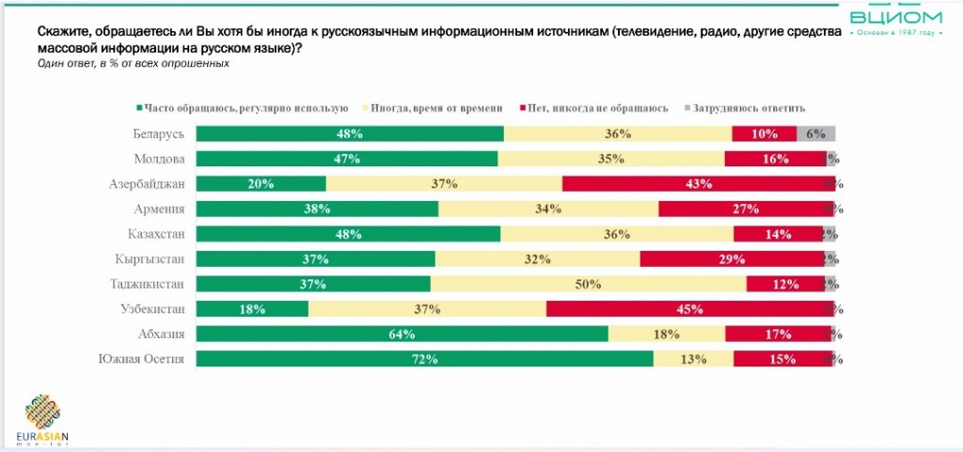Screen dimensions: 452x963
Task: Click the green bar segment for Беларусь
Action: (350, 133)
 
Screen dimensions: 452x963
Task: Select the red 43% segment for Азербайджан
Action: (697, 183)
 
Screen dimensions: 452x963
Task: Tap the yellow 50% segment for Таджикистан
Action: (589, 283)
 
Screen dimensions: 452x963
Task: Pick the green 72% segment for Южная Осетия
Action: (425, 358)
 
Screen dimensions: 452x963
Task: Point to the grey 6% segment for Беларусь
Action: (815, 133)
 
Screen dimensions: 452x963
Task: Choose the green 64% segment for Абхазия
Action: (403, 333)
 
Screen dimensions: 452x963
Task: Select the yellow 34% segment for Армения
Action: (548, 209)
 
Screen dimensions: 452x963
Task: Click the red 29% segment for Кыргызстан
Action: (732, 258)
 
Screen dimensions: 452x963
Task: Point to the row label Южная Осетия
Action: (141, 358)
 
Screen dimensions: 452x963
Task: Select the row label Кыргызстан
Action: (151, 258)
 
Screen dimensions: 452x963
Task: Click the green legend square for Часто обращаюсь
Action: (138, 108)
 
